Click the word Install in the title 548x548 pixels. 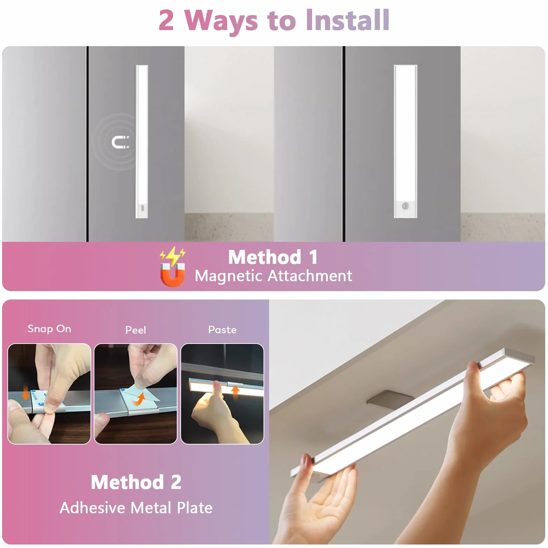tap(347, 20)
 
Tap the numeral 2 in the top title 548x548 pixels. tap(166, 21)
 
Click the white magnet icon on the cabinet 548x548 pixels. tap(120, 142)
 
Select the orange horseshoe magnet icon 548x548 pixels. tap(172, 275)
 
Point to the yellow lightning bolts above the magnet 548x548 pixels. tap(173, 256)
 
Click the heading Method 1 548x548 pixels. tap(273, 257)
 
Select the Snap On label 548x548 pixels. tap(49, 329)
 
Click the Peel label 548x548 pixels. tap(136, 330)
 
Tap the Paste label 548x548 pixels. tap(222, 330)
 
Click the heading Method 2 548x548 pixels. tap(136, 482)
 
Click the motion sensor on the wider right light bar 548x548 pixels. tap(405, 206)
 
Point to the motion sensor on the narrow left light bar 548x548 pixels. tap(142, 208)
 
